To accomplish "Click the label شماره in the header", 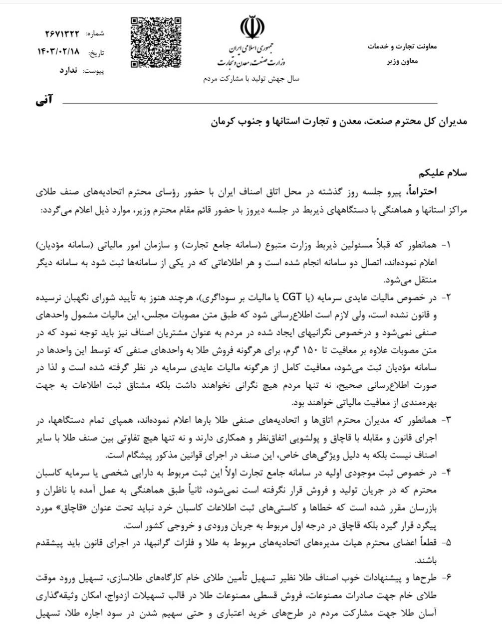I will [x=95, y=34].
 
